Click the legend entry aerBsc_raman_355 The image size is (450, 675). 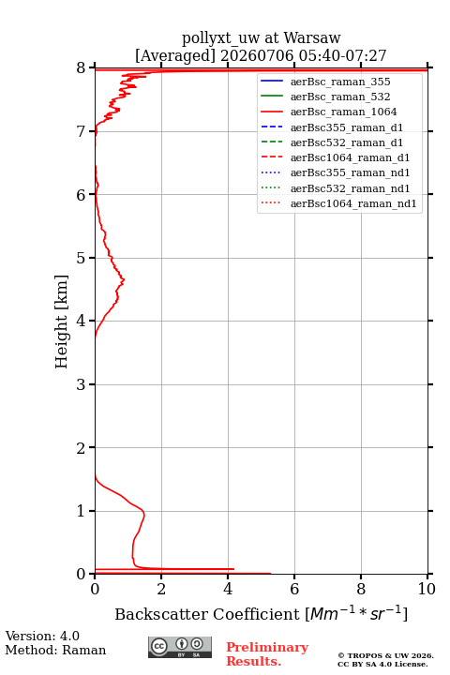coord(340,82)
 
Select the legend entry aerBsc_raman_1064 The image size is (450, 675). coord(344,112)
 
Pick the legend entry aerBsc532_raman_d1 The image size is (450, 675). coord(347,142)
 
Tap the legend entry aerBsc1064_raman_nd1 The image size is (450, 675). coord(353,203)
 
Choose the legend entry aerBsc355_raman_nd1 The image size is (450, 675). coord(350,172)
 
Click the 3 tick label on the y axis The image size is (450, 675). coord(81,384)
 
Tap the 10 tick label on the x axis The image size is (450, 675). coord(427,589)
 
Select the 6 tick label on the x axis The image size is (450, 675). coord(294,589)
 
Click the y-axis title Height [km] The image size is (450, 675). coord(61,322)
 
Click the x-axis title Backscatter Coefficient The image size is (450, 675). coord(206,614)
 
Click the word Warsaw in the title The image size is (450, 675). coord(312,37)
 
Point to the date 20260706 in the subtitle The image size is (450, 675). coord(257,55)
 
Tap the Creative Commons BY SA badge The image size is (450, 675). coord(180,647)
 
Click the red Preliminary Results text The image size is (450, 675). coord(267,654)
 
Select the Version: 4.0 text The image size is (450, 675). coord(42,636)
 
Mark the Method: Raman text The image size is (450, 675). coord(55,650)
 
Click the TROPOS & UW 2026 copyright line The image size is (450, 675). coord(385,655)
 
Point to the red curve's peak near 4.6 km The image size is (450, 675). coord(123,280)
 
